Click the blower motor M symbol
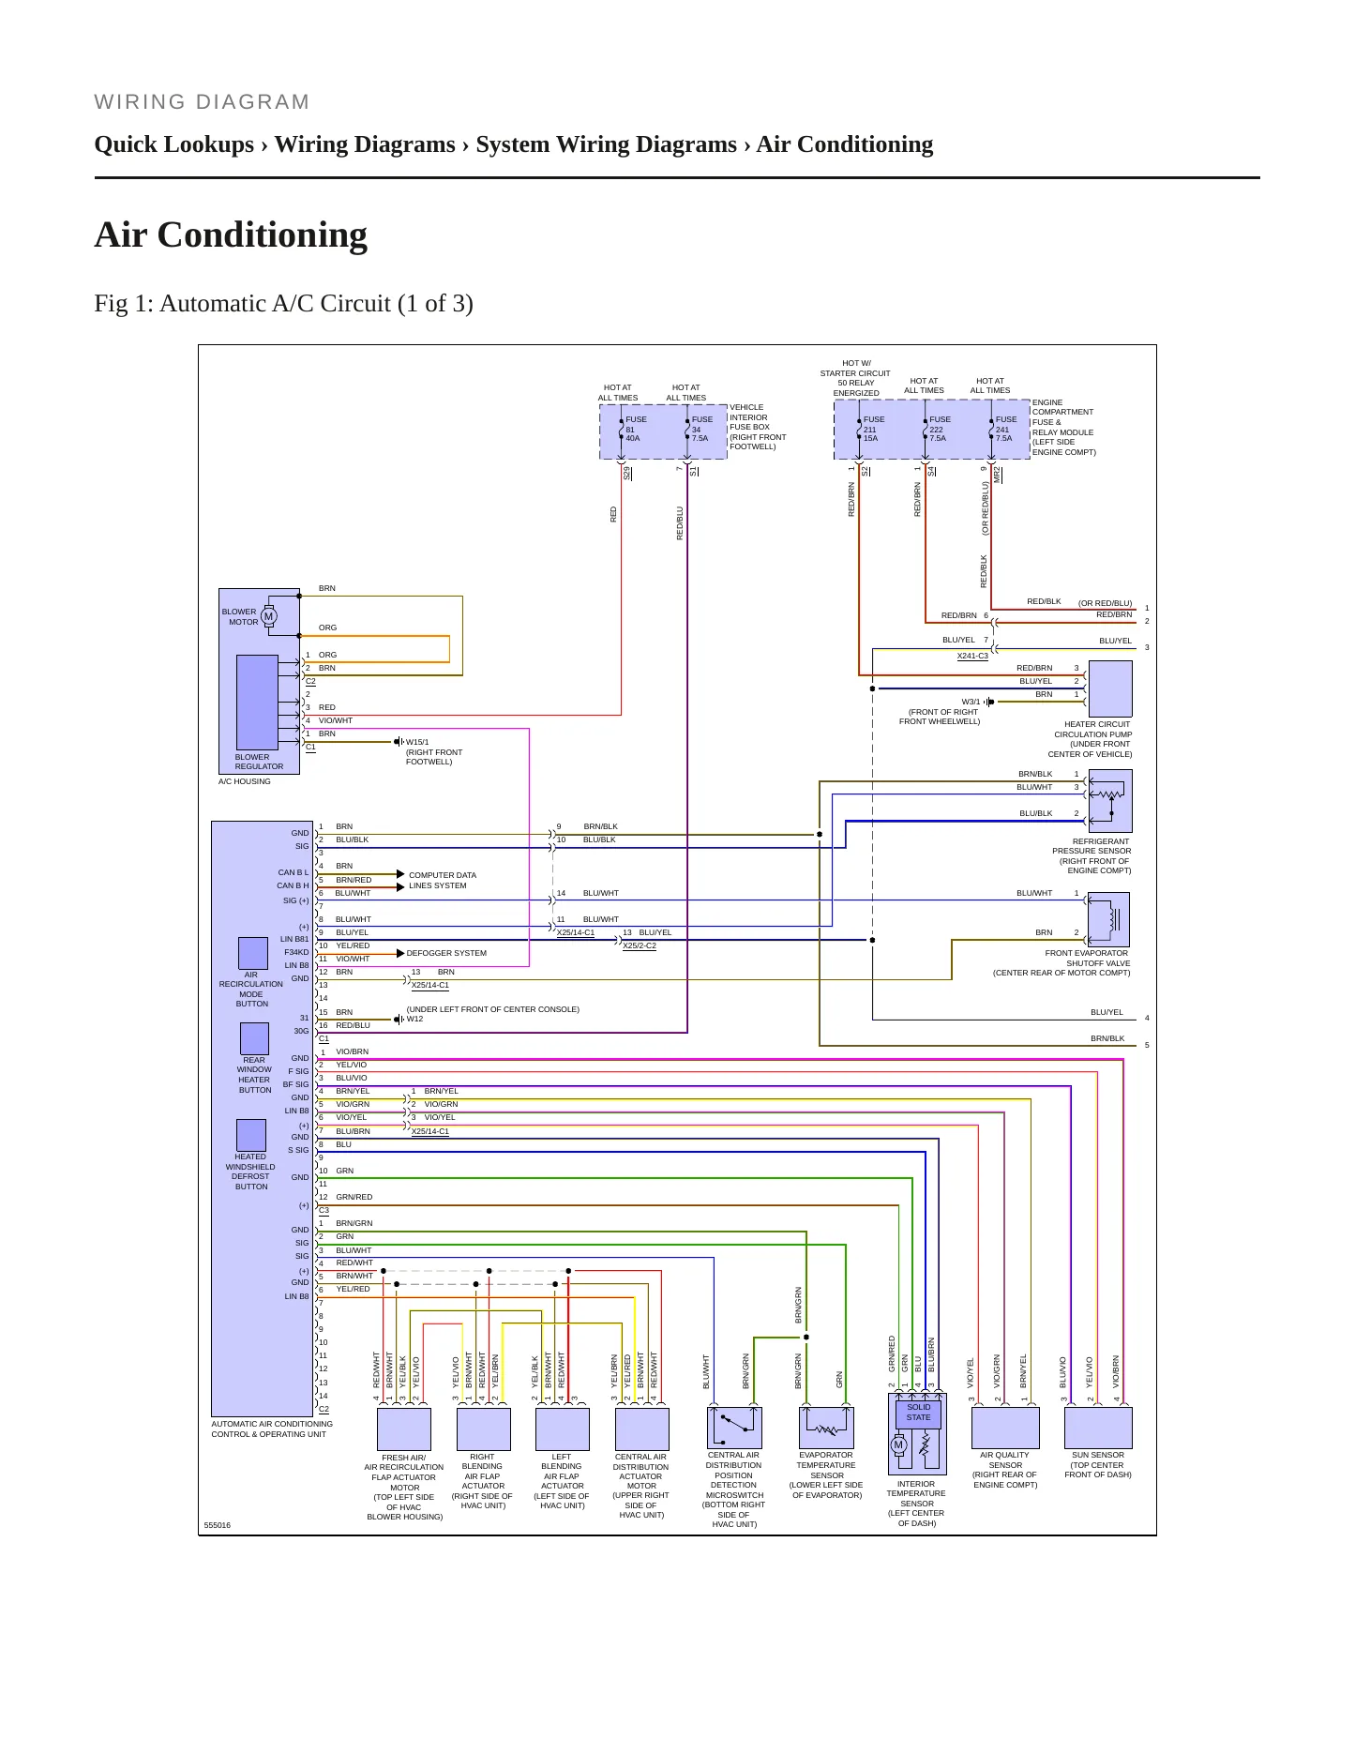(269, 616)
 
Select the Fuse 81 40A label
(636, 429)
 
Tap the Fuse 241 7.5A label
(1005, 429)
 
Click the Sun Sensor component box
(1098, 1428)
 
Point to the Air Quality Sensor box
(1005, 1428)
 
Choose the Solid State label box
(918, 1413)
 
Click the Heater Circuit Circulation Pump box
(1110, 688)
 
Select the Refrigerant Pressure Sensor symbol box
(1110, 800)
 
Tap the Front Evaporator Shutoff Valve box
(1109, 919)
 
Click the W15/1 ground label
(417, 742)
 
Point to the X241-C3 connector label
(972, 656)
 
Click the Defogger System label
(446, 953)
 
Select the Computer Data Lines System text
(443, 880)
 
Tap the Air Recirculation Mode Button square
(253, 953)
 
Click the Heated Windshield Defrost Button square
(251, 1135)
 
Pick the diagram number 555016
(217, 1525)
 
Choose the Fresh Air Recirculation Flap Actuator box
(404, 1429)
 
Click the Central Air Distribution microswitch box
(734, 1428)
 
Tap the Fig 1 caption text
(283, 304)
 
